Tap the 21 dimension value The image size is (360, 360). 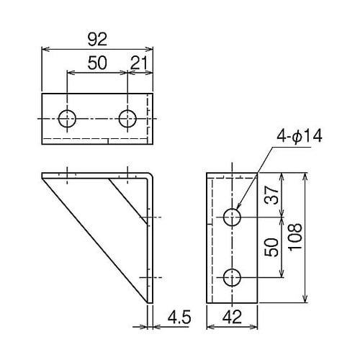[140, 63]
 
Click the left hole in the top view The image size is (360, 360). [68, 118]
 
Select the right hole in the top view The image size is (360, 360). [128, 118]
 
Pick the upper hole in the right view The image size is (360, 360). [232, 217]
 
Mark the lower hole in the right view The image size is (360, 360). [232, 276]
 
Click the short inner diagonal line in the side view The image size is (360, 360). [126, 198]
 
